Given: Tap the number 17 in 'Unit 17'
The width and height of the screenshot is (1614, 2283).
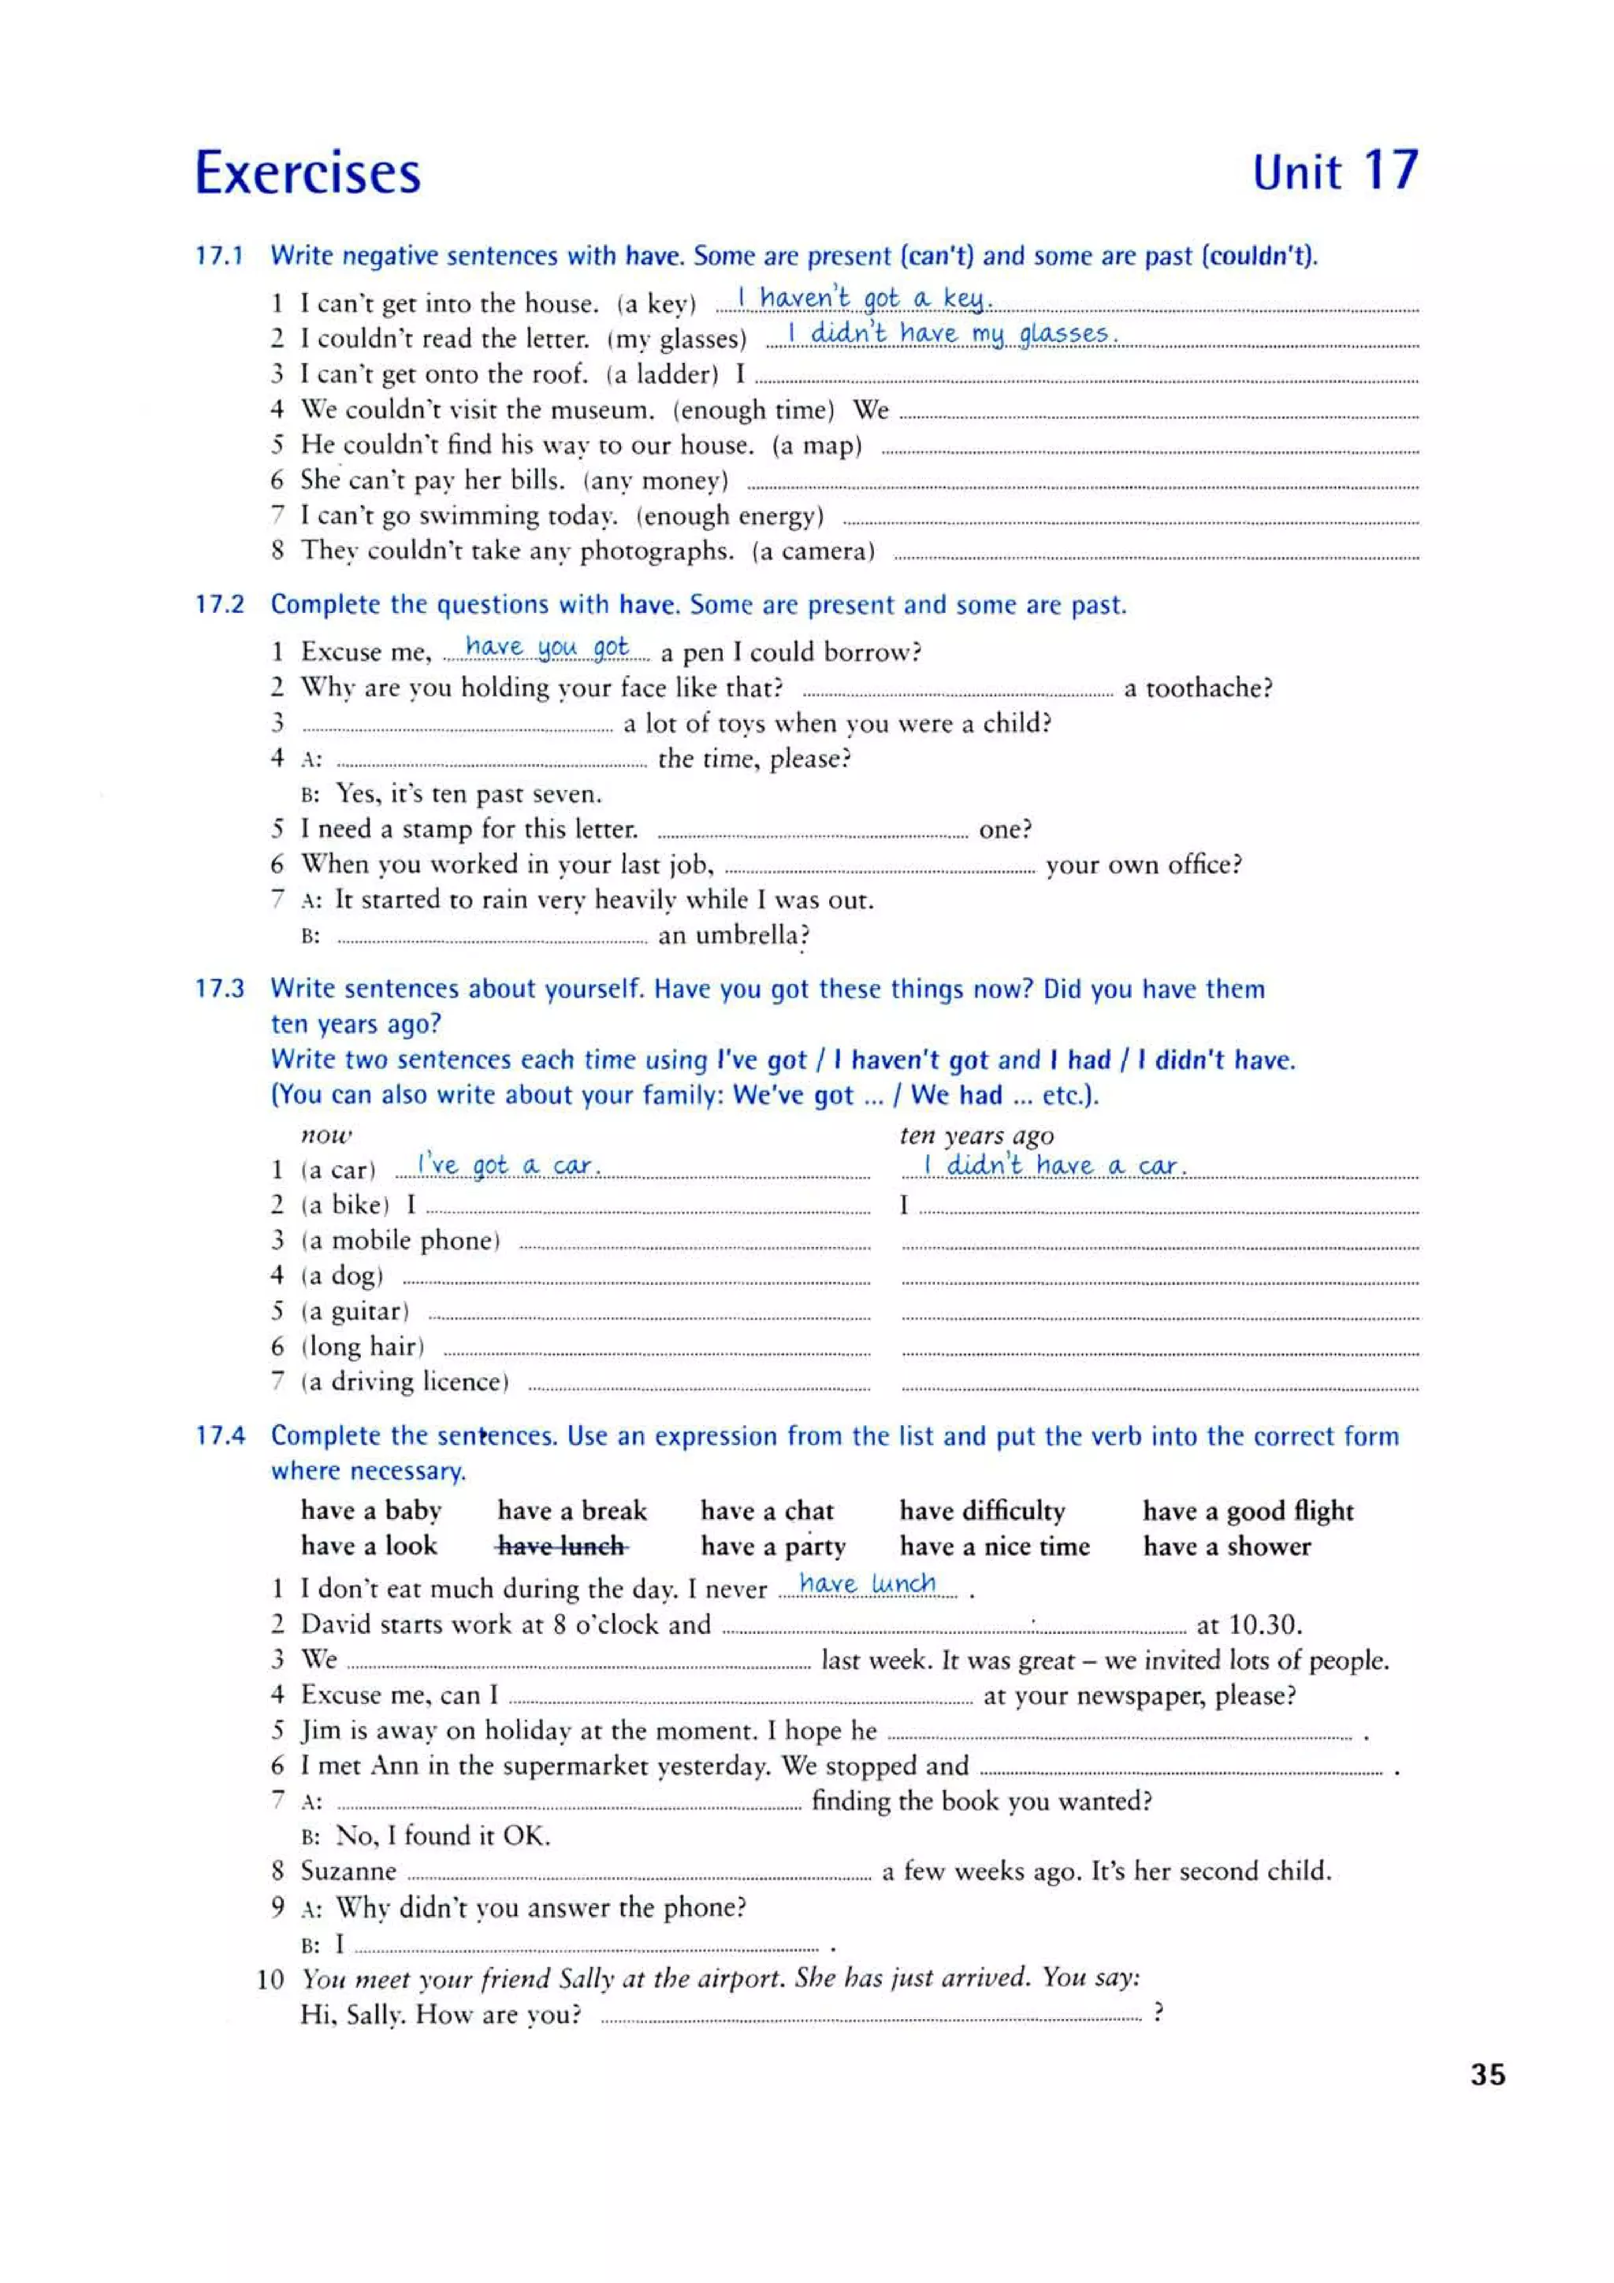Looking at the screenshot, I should click(1389, 170).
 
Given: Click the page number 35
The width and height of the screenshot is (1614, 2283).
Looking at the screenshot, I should click(1488, 2075).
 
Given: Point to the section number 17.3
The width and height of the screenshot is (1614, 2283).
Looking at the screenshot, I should click(219, 989).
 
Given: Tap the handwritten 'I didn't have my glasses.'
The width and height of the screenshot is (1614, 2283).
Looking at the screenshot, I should click(952, 333).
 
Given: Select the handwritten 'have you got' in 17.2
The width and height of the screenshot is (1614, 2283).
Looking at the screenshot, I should click(547, 648).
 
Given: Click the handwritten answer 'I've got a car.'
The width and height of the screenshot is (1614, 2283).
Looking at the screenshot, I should click(508, 1164).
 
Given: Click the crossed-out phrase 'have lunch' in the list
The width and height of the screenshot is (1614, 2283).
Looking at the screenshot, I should click(562, 1546).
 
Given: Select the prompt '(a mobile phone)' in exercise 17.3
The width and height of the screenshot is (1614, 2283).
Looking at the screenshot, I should click(400, 1241).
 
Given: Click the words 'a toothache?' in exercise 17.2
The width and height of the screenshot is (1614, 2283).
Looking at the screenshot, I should click(1197, 688).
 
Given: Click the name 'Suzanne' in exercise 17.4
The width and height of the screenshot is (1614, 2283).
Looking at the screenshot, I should click(348, 1871).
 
